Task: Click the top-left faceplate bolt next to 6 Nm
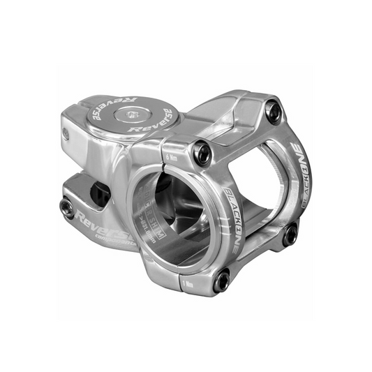coord(202,153)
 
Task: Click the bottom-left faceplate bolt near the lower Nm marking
coord(222,280)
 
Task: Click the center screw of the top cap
coord(133,113)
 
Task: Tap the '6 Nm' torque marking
coord(172,158)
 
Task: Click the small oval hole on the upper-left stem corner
coord(66,133)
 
